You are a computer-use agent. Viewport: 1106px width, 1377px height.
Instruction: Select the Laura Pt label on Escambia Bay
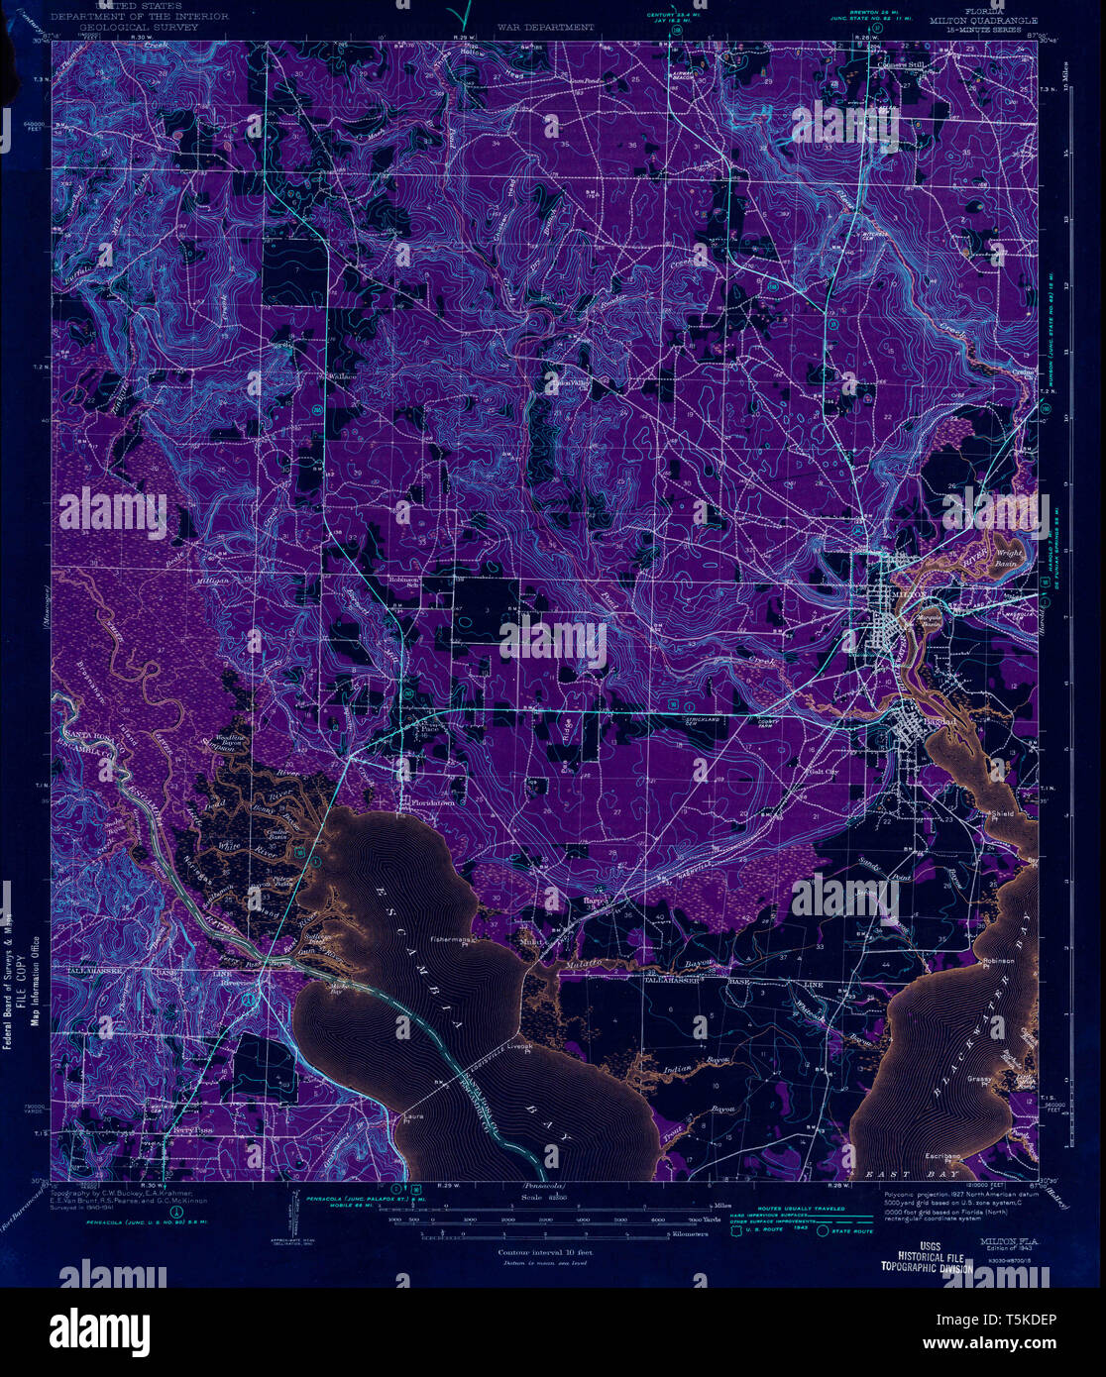coord(413,1116)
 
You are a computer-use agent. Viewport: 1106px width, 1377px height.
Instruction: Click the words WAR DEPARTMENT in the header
coord(546,28)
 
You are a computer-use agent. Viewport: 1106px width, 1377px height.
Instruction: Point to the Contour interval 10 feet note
coord(539,1252)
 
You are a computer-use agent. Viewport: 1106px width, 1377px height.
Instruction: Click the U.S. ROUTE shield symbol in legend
coord(735,1232)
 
